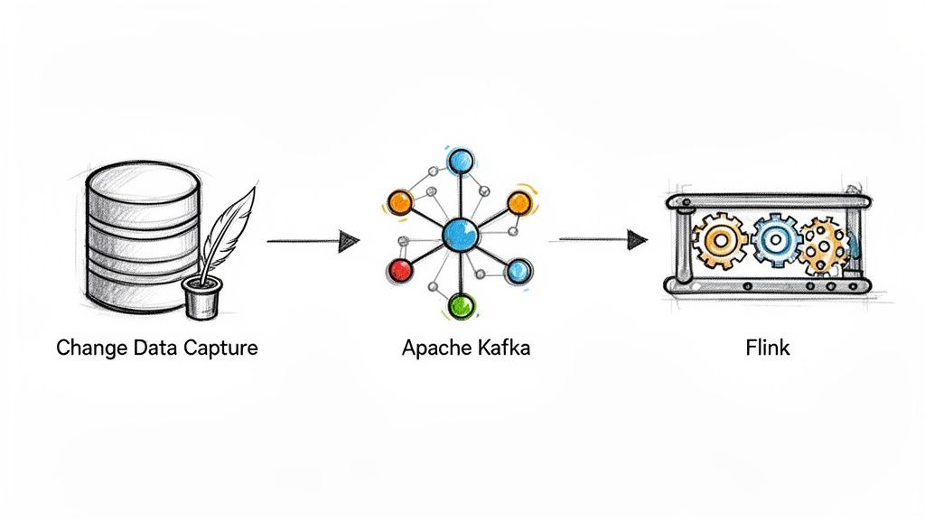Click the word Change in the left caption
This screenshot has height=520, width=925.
88,348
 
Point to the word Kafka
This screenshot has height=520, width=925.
500,348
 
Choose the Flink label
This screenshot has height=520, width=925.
768,348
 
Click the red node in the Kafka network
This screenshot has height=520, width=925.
399,268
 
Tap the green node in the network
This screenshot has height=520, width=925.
462,305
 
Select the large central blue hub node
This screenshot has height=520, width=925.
460,237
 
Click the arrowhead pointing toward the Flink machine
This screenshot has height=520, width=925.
638,239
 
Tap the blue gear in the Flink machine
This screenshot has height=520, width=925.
774,239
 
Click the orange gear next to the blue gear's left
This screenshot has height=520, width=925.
721,241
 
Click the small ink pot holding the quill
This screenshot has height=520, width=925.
201,297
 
